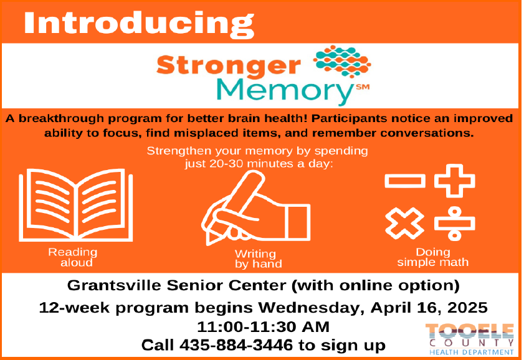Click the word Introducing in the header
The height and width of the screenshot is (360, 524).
(x=139, y=24)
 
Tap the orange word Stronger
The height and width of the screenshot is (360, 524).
(x=229, y=65)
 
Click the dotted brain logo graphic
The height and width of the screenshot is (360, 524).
(x=342, y=62)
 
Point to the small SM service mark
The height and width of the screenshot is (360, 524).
(x=363, y=87)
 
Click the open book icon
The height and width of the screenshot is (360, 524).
(x=76, y=205)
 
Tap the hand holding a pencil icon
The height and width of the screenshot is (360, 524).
(x=255, y=208)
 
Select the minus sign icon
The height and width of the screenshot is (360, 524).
(x=405, y=181)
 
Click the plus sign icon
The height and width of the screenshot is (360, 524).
(x=454, y=181)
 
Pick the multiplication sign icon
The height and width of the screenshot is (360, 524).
(x=405, y=223)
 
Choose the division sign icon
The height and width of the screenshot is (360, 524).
(x=454, y=224)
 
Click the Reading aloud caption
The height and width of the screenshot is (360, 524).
(x=73, y=257)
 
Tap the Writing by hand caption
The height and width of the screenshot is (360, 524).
(x=259, y=259)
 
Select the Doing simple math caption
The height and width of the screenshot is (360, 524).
(x=433, y=257)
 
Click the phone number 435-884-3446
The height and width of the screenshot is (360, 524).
(x=236, y=345)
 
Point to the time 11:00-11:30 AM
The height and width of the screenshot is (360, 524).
(x=264, y=326)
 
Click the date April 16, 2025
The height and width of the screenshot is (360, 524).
(x=429, y=308)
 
